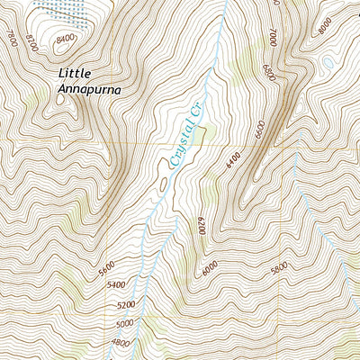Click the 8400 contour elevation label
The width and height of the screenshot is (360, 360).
click(66, 40)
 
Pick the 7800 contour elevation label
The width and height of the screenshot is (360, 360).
click(12, 38)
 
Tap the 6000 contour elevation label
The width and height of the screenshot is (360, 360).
click(211, 267)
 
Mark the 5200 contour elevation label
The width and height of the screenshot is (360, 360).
click(127, 305)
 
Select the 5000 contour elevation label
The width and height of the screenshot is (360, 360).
click(124, 323)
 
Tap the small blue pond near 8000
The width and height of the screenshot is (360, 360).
click(330, 63)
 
